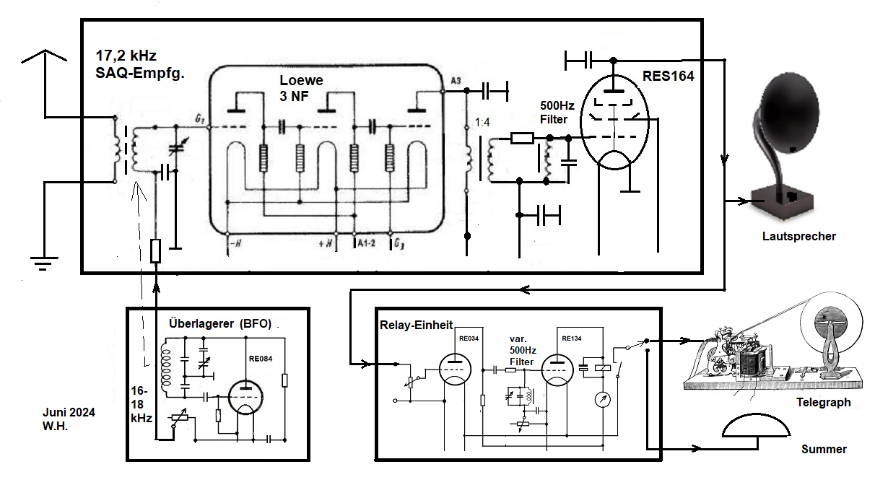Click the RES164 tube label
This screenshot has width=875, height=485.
pos(668,76)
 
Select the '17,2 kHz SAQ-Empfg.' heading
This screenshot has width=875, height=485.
pos(140,64)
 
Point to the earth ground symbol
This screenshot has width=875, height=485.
pos(44,263)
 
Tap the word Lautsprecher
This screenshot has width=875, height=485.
pos(798,236)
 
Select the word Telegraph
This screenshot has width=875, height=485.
pos(824,402)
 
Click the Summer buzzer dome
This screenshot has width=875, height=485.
pos(757,425)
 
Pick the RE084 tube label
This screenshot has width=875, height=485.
pos(261,359)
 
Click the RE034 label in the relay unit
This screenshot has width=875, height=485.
pos(469,338)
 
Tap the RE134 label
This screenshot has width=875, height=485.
pos(572,338)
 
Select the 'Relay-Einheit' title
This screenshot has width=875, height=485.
pos(416,325)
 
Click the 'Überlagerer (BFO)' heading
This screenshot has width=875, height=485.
pos(220,323)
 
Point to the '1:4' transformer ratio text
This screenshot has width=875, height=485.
pos(482,123)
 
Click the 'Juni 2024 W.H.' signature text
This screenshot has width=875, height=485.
pos(69,419)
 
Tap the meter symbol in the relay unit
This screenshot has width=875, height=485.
pos(603,400)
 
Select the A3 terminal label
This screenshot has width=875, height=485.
pos(456,81)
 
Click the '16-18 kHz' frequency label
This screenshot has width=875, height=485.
pos(141,405)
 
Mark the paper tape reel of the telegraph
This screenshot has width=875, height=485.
pos(831,323)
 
